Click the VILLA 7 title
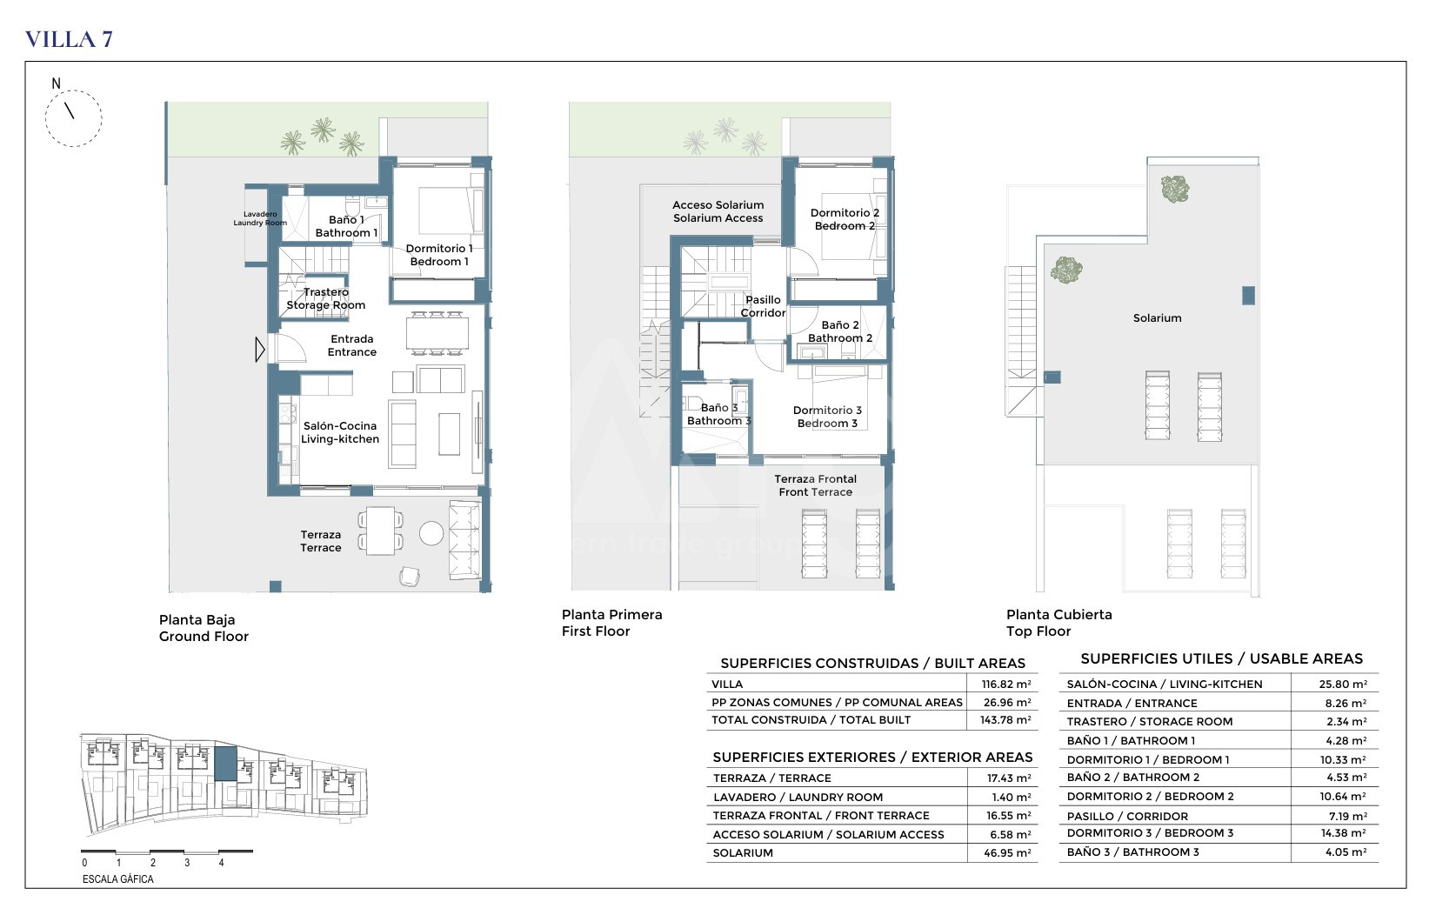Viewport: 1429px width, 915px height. [x=69, y=39]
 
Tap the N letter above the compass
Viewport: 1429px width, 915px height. [x=57, y=83]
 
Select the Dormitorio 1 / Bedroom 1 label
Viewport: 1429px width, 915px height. [x=439, y=255]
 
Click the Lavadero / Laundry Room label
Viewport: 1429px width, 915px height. [x=260, y=219]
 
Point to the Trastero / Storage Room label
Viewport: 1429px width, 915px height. [x=326, y=298]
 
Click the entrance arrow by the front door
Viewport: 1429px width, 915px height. [x=260, y=350]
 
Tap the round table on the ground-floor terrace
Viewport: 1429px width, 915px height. [x=431, y=533]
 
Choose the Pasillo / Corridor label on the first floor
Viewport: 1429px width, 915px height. [x=763, y=306]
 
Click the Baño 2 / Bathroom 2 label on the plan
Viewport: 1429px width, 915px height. [x=840, y=331]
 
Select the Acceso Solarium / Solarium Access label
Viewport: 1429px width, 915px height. [x=718, y=211]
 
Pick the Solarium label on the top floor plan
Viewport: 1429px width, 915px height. [x=1158, y=317]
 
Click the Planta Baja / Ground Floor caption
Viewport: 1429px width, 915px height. [x=204, y=628]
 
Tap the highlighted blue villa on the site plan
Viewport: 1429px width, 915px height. [x=225, y=764]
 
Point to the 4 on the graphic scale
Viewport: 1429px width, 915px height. [x=222, y=863]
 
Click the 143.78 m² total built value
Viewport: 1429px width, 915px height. [x=1005, y=720]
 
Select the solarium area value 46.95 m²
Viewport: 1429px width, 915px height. [x=1007, y=852]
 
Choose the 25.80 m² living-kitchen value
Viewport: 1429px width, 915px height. [x=1343, y=684]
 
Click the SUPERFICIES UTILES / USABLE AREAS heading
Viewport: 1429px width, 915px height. [x=1222, y=658]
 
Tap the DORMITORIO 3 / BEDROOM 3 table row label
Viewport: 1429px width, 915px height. [x=1150, y=832]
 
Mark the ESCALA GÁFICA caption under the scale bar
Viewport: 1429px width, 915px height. [x=118, y=879]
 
